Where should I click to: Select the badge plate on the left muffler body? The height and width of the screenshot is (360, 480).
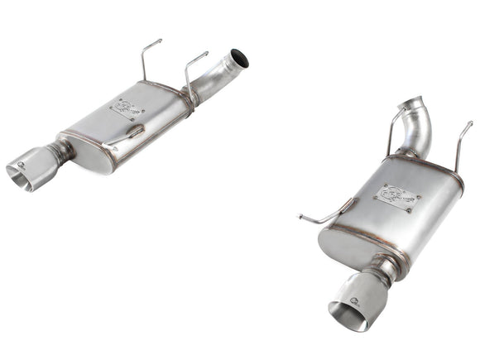(128, 108)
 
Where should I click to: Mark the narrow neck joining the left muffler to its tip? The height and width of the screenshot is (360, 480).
(60, 152)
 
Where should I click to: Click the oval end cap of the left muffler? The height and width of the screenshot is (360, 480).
(91, 153)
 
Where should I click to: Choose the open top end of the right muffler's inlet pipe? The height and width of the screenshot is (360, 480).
(414, 103)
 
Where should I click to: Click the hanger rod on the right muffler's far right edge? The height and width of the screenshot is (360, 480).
(461, 146)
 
